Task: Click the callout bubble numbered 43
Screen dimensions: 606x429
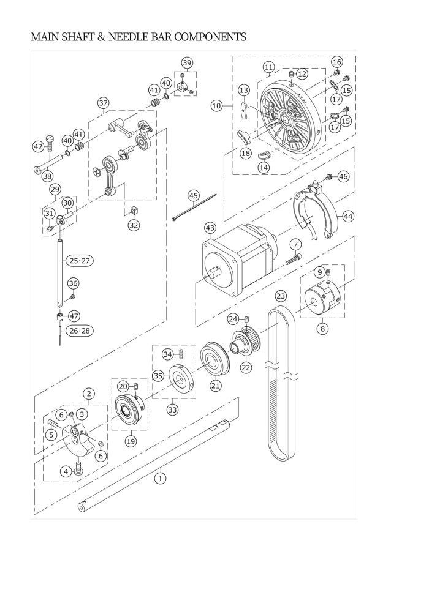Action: click(x=210, y=228)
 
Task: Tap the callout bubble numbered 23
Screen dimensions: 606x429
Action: click(x=281, y=297)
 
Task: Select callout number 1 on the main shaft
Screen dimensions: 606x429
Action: click(x=161, y=477)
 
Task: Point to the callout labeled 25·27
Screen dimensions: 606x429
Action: click(x=80, y=261)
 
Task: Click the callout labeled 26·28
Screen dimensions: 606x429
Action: click(x=80, y=331)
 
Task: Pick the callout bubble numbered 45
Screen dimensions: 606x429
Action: click(x=194, y=196)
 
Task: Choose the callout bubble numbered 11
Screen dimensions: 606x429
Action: click(x=268, y=66)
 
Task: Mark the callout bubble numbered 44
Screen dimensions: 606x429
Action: click(x=348, y=216)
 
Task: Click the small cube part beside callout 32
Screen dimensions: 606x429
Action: click(x=132, y=211)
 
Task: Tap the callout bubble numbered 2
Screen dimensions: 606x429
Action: click(x=89, y=394)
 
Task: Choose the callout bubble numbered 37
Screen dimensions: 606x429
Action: click(x=103, y=103)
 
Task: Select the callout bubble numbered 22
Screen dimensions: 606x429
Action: click(x=246, y=368)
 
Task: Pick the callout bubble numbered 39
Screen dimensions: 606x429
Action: click(x=187, y=62)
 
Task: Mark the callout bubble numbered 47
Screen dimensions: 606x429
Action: click(x=74, y=316)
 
